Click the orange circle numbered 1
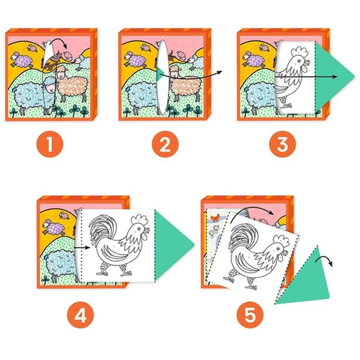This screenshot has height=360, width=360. (50, 144)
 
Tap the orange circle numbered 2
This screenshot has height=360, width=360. (165, 144)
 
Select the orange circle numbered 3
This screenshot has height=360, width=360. (283, 144)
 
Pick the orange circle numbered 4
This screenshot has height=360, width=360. (80, 315)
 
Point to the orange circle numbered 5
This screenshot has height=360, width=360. (250, 315)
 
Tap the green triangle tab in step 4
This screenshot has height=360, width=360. (172, 245)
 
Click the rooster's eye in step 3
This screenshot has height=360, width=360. (299, 61)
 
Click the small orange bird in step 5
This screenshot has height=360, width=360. (216, 217)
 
